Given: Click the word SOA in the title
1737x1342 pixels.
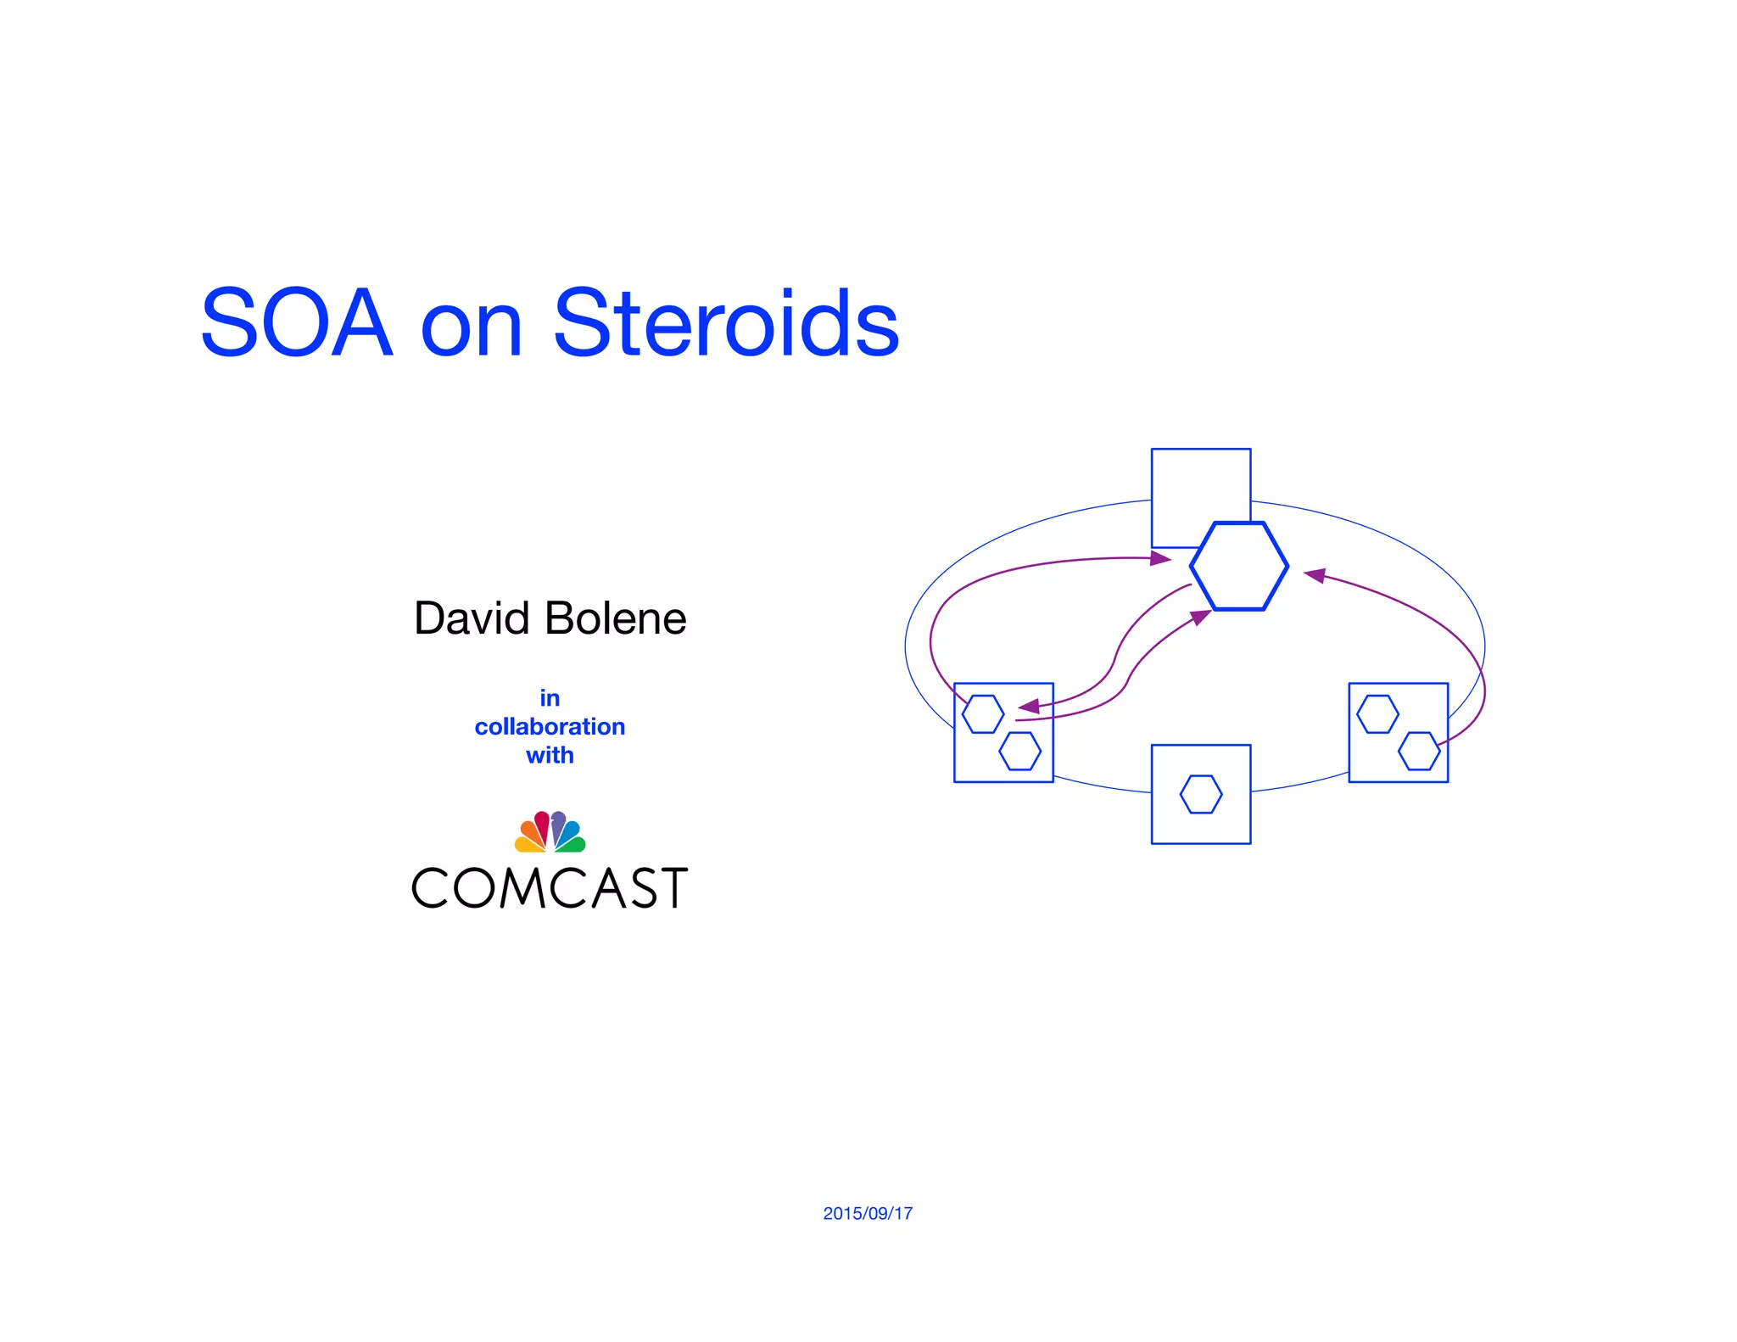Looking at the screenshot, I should (297, 323).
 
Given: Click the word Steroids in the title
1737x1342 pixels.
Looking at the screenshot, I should (726, 323).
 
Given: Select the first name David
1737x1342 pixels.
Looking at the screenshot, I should (472, 618).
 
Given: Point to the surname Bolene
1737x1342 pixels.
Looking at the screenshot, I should (616, 618).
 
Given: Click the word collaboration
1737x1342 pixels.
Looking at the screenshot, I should (550, 727).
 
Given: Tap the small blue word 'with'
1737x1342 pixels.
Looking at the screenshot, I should (550, 755).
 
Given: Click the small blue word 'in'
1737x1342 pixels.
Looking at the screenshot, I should (550, 698).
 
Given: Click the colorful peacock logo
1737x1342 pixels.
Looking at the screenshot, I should (550, 831).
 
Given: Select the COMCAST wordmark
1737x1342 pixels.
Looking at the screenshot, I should (550, 888).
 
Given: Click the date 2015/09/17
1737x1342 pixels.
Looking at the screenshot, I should (868, 1213).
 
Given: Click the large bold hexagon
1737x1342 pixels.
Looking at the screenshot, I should (1239, 566).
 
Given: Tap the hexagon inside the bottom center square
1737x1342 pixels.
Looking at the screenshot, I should (1201, 794).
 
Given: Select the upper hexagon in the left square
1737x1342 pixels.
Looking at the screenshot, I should (983, 714).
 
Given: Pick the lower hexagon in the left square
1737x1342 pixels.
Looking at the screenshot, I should (1019, 751).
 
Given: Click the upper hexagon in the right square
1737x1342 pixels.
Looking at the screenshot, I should (1377, 714).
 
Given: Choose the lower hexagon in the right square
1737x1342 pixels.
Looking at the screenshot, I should (1419, 751).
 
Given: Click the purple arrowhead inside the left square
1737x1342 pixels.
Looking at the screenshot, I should (1029, 706).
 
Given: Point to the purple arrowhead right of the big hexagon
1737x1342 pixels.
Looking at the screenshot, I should (1315, 576).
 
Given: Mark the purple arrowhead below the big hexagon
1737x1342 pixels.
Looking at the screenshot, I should (1201, 617).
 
